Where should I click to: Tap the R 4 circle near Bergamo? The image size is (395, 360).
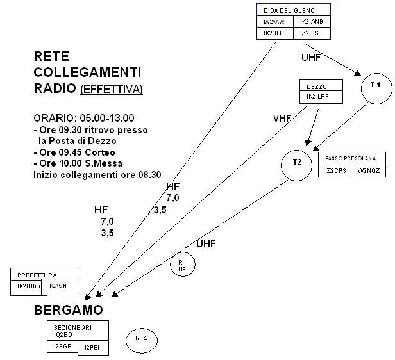coord(141,340)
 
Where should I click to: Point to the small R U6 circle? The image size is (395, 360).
coord(181,266)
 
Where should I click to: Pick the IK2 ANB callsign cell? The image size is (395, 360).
coord(312,22)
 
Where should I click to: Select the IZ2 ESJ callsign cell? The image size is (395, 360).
coord(312,33)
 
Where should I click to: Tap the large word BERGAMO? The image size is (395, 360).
coord(68,311)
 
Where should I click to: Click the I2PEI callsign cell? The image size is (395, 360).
coord(92,348)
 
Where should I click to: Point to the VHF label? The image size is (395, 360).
coord(282,118)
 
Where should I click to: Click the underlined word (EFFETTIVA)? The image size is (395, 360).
coord(112,89)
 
